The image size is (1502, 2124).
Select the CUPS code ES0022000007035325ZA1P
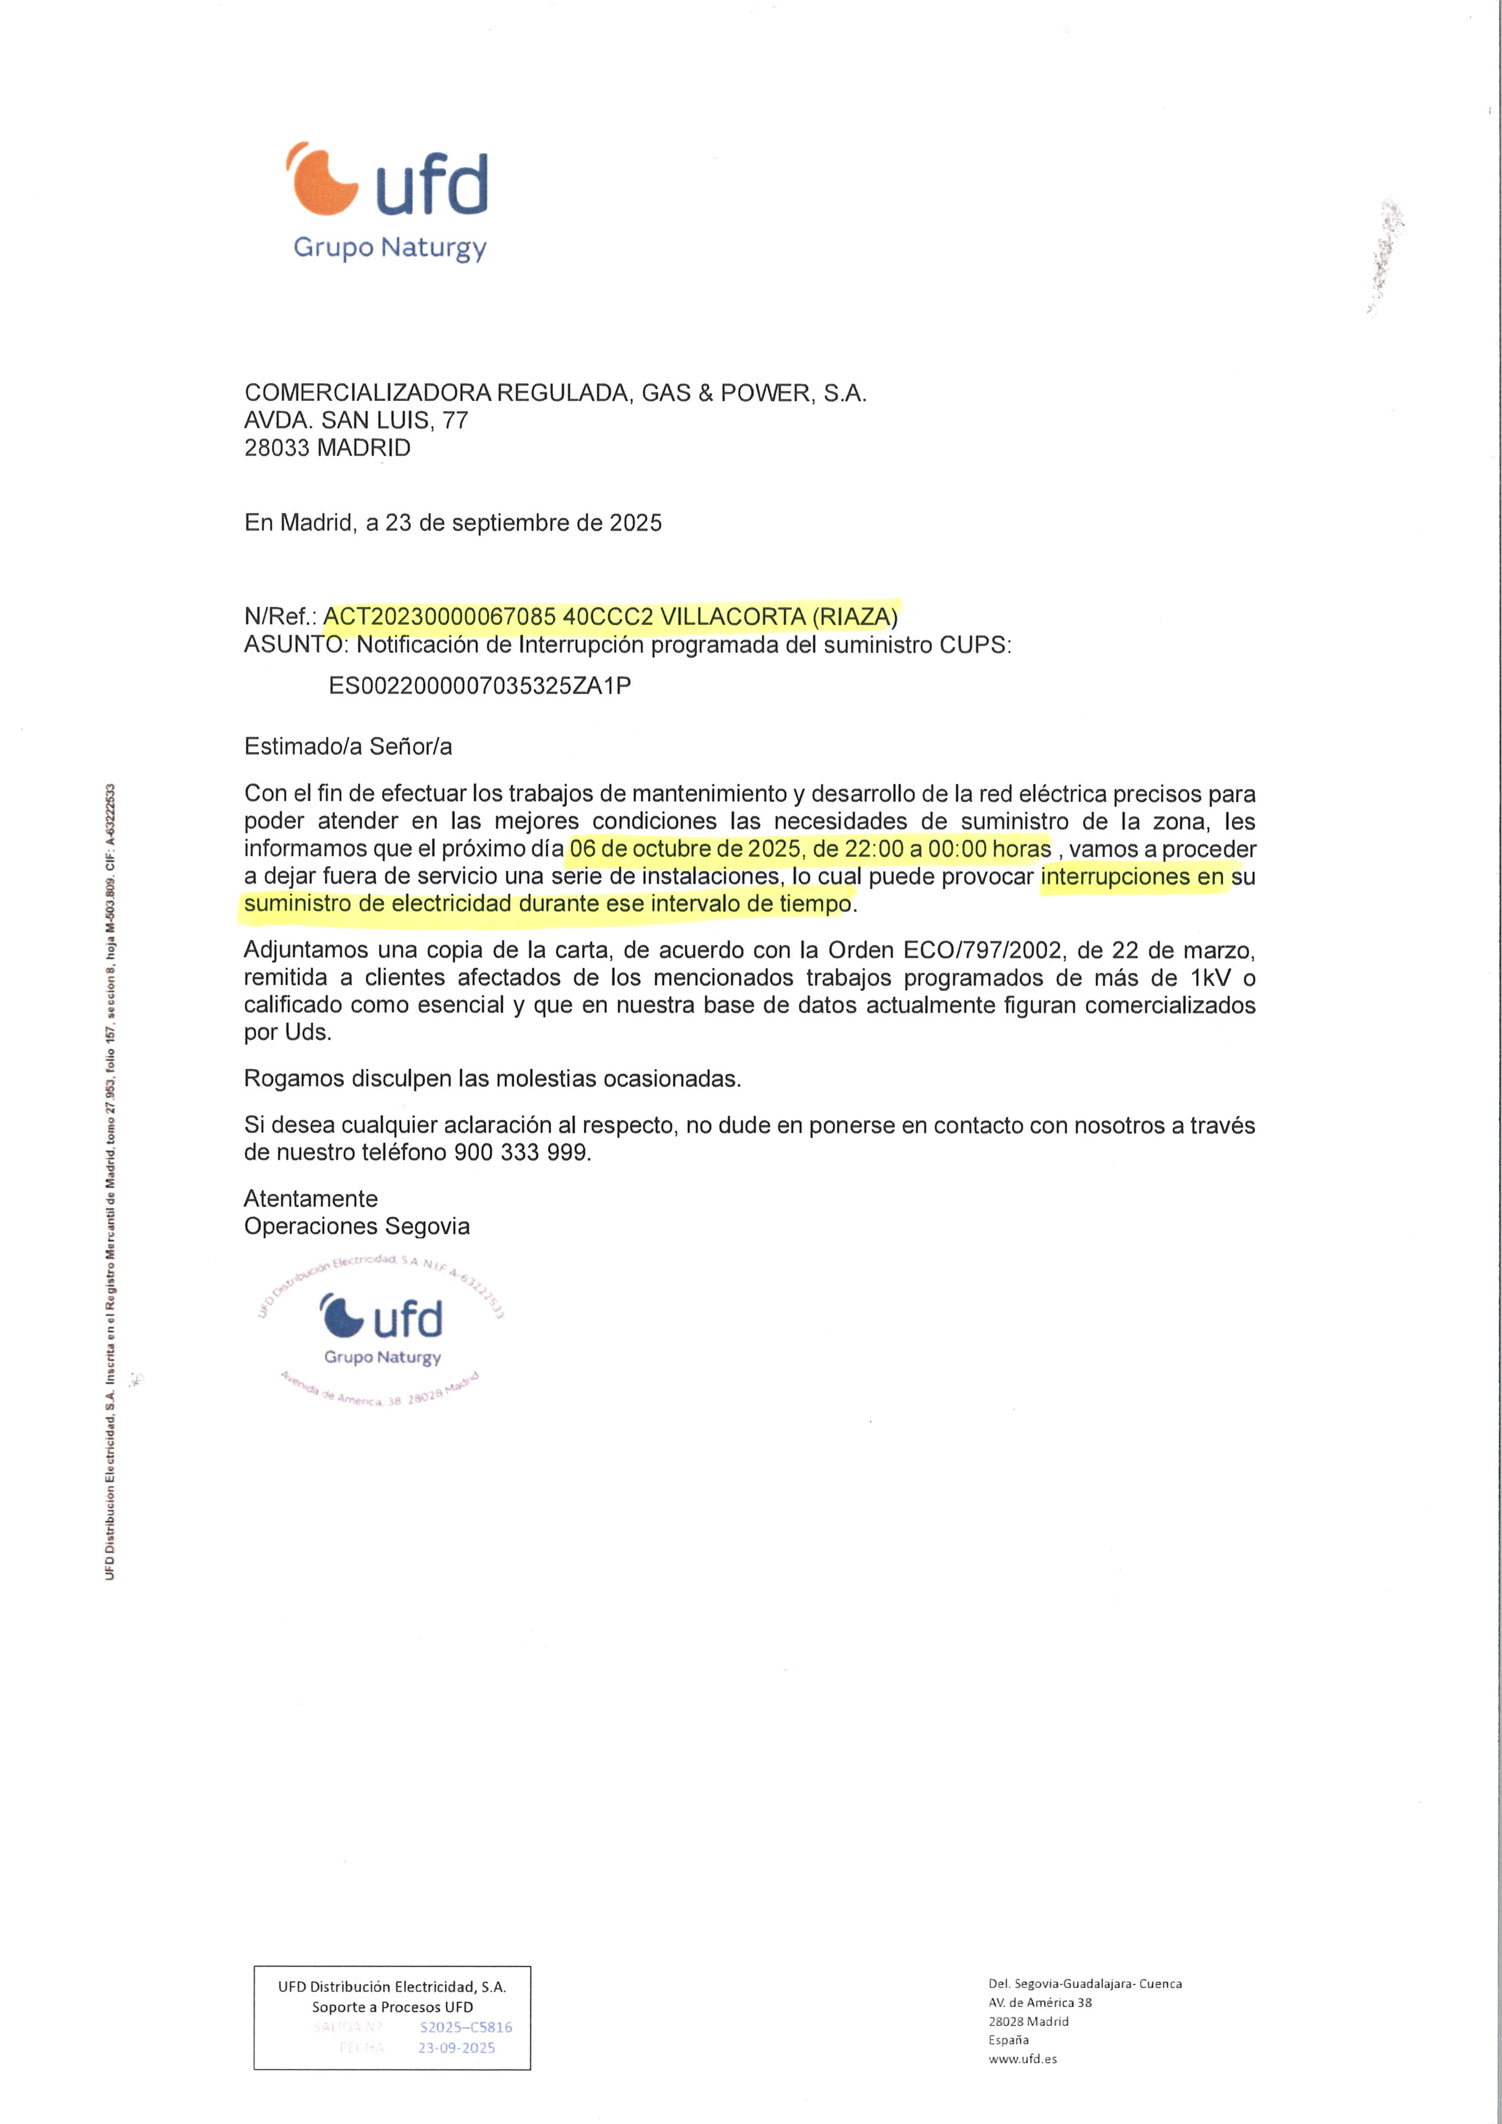point(480,686)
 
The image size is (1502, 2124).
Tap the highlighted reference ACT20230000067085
point(440,617)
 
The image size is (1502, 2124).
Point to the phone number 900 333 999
point(521,1153)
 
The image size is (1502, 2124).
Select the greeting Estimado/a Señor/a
point(348,747)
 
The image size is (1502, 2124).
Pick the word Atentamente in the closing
point(311,1199)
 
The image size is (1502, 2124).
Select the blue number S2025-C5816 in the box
point(465,2028)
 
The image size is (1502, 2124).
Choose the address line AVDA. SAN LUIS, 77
point(356,421)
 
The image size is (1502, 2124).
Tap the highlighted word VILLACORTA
point(732,617)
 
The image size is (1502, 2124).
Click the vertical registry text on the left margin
point(110,1184)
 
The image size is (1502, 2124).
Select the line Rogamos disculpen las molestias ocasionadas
point(492,1079)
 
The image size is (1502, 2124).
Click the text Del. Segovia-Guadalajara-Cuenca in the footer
point(1085,1983)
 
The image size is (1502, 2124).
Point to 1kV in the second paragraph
point(1211,979)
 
